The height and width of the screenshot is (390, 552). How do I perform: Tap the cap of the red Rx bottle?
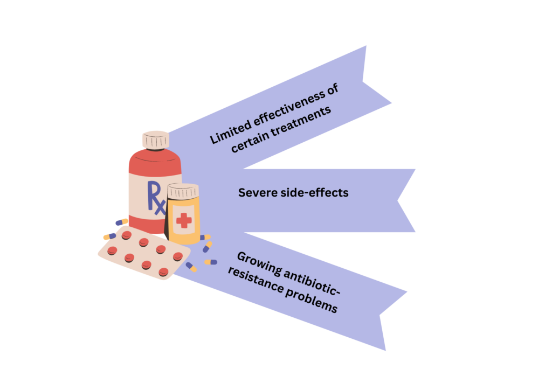point(156,140)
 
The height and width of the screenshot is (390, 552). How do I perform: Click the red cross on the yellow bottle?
point(184,220)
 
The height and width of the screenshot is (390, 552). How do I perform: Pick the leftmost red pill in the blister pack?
point(112,250)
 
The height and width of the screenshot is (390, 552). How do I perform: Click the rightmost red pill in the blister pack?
point(177,257)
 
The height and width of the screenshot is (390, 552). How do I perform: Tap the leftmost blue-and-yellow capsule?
point(109,236)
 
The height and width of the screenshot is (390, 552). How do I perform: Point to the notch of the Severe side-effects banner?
point(399,201)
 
